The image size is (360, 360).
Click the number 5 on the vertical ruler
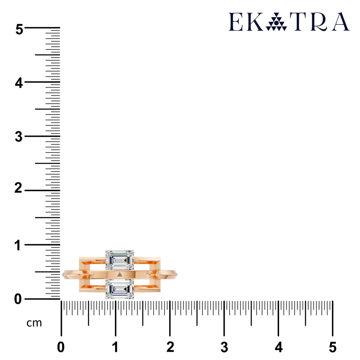tap(19, 30)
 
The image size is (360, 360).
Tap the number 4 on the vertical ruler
tap(19, 83)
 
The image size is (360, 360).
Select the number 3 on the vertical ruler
tap(19, 137)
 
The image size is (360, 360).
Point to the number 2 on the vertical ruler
tap(18, 188)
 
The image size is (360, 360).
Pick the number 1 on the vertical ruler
tap(18, 245)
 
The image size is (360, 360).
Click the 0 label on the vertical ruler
tap(18, 299)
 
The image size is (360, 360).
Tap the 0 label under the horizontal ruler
tap(61, 347)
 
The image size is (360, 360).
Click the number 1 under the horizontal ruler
tap(115, 347)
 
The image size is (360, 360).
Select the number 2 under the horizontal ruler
tap(170, 347)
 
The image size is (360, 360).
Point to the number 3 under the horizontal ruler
tap(224, 347)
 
